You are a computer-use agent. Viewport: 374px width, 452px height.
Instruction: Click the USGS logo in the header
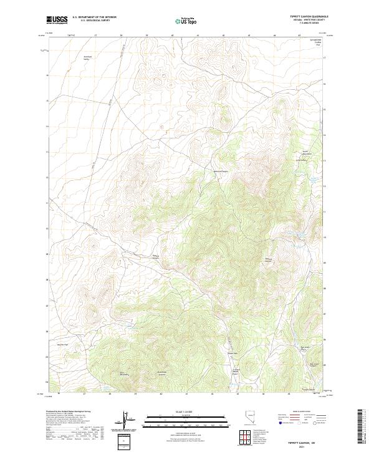point(57,20)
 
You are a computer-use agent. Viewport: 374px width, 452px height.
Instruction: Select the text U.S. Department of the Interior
point(94,17)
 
